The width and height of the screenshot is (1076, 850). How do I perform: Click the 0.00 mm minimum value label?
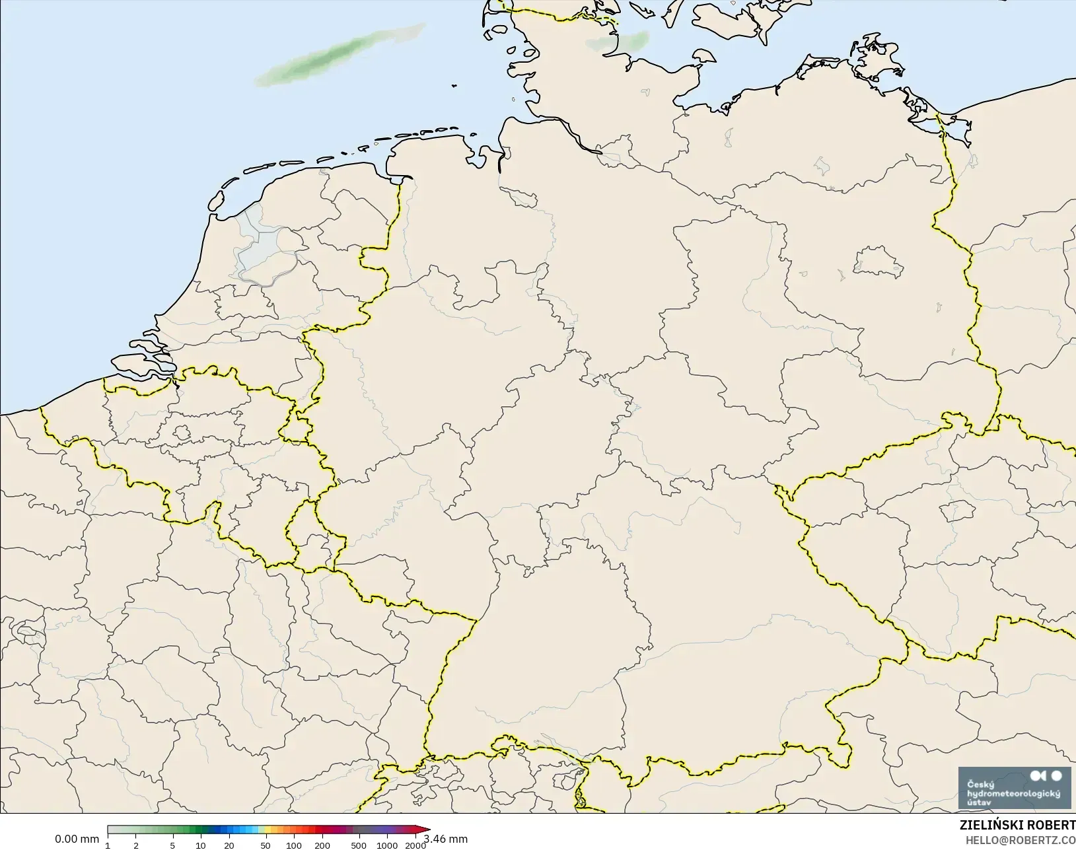pyautogui.click(x=77, y=839)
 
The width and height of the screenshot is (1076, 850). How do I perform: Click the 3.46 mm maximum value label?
pyautogui.click(x=446, y=839)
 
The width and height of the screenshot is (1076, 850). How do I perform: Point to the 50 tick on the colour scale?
pyautogui.click(x=265, y=845)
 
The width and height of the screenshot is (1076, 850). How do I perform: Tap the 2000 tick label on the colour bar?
pyautogui.click(x=415, y=845)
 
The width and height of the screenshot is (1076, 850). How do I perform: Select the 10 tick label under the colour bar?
pyautogui.click(x=200, y=845)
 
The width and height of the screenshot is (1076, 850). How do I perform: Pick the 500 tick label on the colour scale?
pyautogui.click(x=358, y=845)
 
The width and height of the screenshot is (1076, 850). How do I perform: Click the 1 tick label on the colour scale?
pyautogui.click(x=108, y=845)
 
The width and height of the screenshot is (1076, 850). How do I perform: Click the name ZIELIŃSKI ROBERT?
pyautogui.click(x=1017, y=826)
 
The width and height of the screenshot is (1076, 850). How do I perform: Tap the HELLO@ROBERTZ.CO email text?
pyautogui.click(x=1021, y=840)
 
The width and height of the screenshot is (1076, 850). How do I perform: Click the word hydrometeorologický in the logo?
pyautogui.click(x=1013, y=793)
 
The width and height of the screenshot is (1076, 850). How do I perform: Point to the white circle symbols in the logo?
pyautogui.click(x=1047, y=775)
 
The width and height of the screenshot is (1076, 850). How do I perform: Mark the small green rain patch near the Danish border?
pyautogui.click(x=618, y=43)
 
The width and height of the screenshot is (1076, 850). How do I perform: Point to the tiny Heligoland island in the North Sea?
pyautogui.click(x=454, y=85)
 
